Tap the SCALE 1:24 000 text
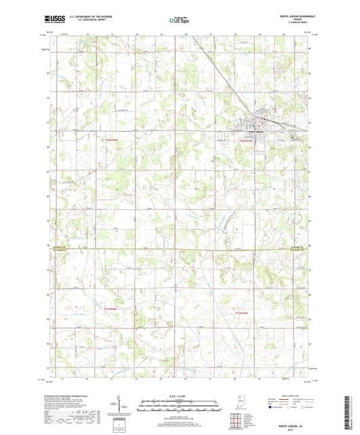coord(180,396)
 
